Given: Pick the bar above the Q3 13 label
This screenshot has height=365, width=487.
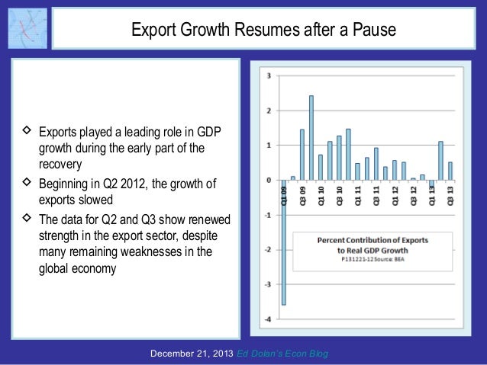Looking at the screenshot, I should [x=450, y=171].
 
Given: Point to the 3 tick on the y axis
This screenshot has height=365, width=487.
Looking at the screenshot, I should [x=267, y=75].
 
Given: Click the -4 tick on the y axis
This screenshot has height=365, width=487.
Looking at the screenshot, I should [x=266, y=319].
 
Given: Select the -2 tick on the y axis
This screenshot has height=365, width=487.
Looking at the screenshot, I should [x=266, y=249].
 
